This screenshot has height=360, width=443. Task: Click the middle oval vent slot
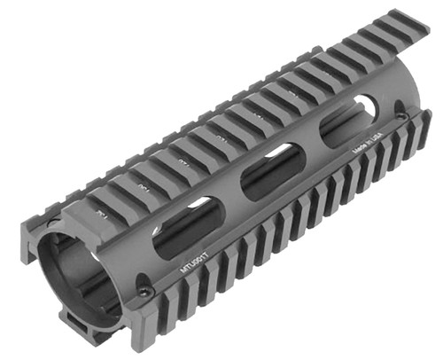point(272,170)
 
